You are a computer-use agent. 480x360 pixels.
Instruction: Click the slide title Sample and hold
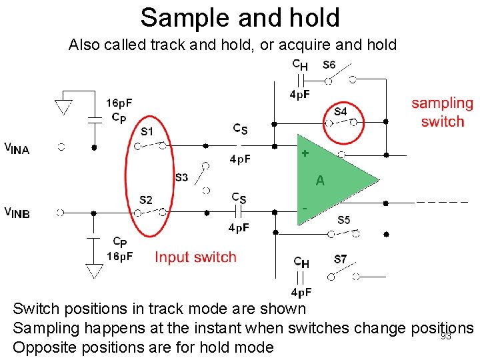tap(240, 17)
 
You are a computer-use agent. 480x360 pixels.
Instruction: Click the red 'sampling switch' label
tap(442, 112)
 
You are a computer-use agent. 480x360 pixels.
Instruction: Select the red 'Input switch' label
tap(195, 257)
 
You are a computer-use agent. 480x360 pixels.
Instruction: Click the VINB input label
tap(17, 213)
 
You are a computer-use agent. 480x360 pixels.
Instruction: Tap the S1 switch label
tap(146, 131)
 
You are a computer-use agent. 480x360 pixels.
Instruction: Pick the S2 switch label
tap(145, 200)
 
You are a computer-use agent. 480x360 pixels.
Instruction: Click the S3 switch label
tap(181, 177)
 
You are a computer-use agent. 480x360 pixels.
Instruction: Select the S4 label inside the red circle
tap(340, 111)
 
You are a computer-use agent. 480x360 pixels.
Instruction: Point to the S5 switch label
tap(343, 220)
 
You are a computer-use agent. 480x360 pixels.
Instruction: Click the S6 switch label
tap(329, 65)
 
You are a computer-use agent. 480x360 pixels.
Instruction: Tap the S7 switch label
tap(340, 259)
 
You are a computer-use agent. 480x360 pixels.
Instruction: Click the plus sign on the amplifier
tap(305, 153)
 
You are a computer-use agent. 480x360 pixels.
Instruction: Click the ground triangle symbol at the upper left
tap(63, 107)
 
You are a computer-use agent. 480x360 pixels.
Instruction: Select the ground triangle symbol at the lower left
tap(94, 270)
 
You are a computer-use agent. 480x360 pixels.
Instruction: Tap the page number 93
tap(446, 337)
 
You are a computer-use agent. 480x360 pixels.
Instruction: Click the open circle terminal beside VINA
tap(61, 147)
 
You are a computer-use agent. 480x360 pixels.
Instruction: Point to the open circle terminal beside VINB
tap(61, 213)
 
